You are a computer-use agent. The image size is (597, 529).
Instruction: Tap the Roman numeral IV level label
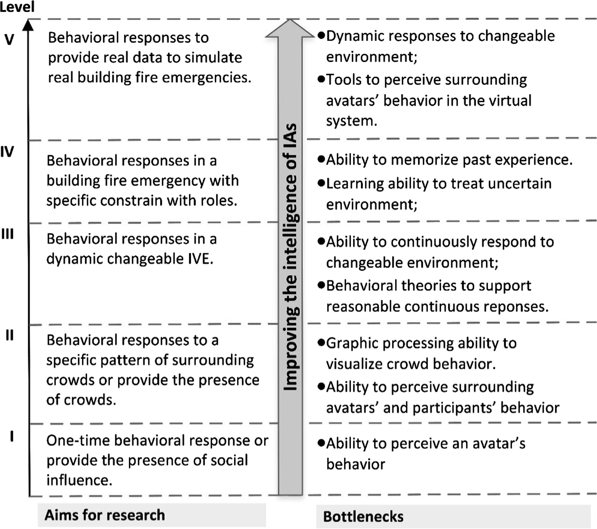click(7, 152)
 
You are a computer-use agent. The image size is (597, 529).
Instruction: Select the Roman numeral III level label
click(8, 234)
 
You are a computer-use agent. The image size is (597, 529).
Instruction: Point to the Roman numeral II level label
click(10, 335)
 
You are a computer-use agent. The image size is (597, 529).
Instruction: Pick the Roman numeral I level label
click(12, 436)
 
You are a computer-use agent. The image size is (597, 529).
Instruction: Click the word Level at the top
click(17, 7)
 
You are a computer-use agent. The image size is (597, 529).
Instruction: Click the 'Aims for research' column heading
click(105, 515)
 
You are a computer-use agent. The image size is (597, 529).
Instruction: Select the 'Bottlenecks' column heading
click(363, 516)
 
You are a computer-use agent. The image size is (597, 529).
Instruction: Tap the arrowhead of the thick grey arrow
click(290, 28)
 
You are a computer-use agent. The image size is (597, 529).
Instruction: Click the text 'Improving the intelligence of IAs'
click(290, 257)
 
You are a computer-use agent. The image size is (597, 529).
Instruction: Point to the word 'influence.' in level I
click(79, 480)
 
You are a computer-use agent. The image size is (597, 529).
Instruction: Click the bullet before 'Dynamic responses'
click(321, 35)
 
